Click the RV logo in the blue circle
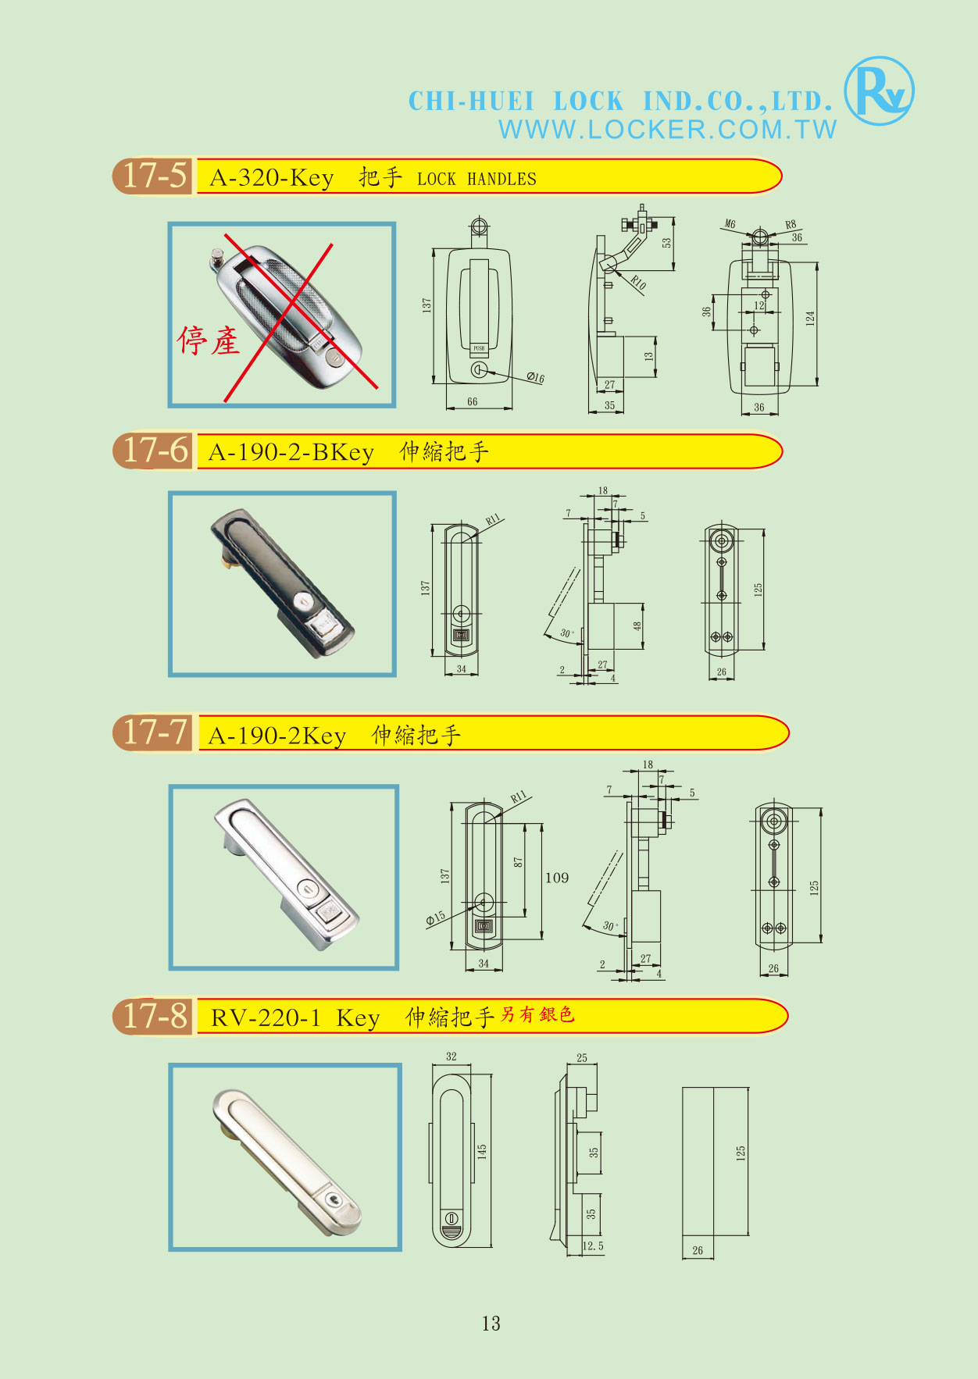point(879,91)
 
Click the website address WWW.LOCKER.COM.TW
point(668,130)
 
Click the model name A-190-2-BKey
point(291,452)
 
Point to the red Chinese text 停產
point(209,340)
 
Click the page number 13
point(491,1323)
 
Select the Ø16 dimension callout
point(535,378)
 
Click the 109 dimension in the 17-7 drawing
point(557,878)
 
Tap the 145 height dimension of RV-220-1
point(482,1152)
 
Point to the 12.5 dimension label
point(593,1246)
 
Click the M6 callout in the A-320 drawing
point(730,224)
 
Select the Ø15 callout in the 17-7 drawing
point(435,918)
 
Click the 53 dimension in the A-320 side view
point(667,243)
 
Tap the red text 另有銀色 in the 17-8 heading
point(537,1014)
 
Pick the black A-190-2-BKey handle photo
point(282,583)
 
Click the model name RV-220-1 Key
point(295,1018)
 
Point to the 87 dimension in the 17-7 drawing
point(518,862)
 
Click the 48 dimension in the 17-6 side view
point(637,625)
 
